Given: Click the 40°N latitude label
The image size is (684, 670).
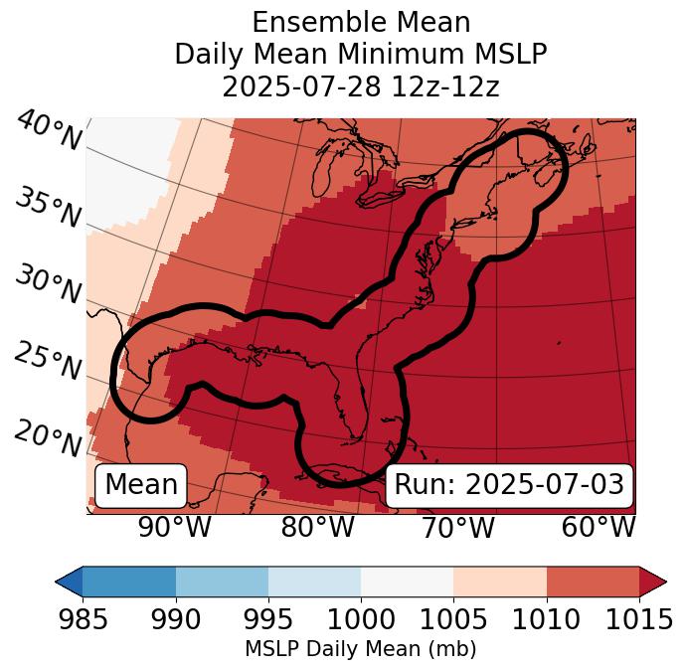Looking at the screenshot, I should pyautogui.click(x=49, y=132).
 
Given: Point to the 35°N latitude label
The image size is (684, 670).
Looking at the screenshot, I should pyautogui.click(x=47, y=209).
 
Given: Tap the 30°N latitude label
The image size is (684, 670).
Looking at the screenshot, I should pyautogui.click(x=47, y=286).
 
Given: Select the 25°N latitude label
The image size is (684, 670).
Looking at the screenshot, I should pyautogui.click(x=47, y=362).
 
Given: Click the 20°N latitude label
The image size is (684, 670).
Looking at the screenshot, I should pyautogui.click(x=47, y=438).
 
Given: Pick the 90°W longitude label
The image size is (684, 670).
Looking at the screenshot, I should pyautogui.click(x=175, y=527).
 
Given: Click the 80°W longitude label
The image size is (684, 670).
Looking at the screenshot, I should pyautogui.click(x=317, y=527).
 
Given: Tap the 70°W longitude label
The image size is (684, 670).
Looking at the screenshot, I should pyautogui.click(x=457, y=527).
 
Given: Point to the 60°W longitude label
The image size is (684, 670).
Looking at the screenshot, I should pyautogui.click(x=598, y=527).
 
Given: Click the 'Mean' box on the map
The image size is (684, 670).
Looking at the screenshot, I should pyautogui.click(x=141, y=485).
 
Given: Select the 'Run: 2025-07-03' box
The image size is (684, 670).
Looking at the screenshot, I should pyautogui.click(x=509, y=485).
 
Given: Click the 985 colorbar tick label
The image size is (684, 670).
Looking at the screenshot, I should pyautogui.click(x=83, y=620).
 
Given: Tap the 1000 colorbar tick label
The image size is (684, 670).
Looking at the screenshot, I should pyautogui.click(x=361, y=620).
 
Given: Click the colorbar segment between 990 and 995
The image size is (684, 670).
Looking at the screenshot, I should pyautogui.click(x=222, y=582).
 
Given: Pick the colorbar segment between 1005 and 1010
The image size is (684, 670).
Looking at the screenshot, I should pyautogui.click(x=500, y=582).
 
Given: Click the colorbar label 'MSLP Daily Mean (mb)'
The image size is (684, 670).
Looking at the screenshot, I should pyautogui.click(x=361, y=649).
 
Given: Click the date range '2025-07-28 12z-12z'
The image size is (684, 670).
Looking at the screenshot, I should pyautogui.click(x=361, y=86).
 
